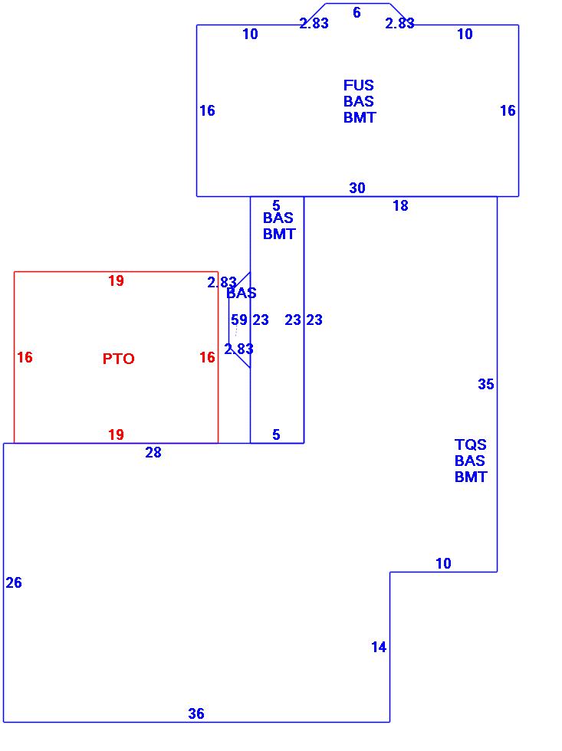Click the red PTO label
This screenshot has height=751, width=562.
(x=119, y=359)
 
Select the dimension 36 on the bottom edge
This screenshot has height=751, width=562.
(x=196, y=713)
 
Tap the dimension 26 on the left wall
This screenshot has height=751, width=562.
(x=14, y=582)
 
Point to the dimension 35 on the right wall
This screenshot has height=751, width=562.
(x=486, y=384)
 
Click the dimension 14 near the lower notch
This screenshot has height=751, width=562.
(x=379, y=647)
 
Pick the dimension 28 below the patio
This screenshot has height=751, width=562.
(x=153, y=452)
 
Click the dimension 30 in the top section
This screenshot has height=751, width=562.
(x=357, y=188)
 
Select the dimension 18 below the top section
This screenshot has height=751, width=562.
(x=400, y=205)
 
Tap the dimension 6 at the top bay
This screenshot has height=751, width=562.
(x=357, y=12)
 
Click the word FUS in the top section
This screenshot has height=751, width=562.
(x=359, y=85)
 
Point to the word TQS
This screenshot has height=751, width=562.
(x=471, y=444)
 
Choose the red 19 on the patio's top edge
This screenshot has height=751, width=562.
(x=116, y=280)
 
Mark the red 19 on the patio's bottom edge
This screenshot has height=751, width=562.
(x=116, y=435)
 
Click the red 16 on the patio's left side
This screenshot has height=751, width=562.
(x=25, y=357)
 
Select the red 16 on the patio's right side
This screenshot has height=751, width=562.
(x=207, y=357)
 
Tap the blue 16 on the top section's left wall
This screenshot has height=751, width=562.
(x=207, y=110)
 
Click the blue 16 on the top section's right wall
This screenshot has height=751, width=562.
(x=508, y=110)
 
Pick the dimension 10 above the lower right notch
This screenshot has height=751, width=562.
(x=443, y=563)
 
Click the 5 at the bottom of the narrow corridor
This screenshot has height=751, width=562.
(x=276, y=435)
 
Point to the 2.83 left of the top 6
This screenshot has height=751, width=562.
(x=314, y=23)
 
